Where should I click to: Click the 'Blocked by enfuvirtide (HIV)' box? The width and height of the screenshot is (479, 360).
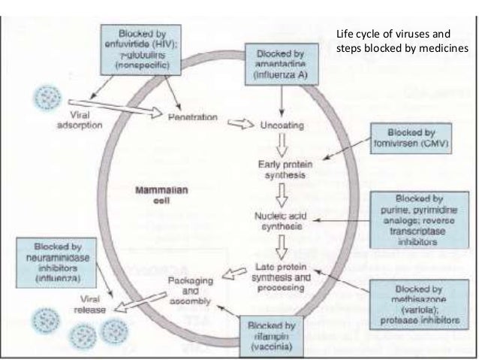pos(140,49)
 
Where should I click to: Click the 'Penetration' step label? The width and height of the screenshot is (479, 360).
pos(193,118)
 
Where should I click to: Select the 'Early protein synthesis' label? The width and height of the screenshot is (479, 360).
pos(281,170)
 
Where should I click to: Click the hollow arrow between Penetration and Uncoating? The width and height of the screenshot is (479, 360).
pos(240,123)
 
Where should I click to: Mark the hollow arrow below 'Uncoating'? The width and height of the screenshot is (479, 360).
pos(281,143)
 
